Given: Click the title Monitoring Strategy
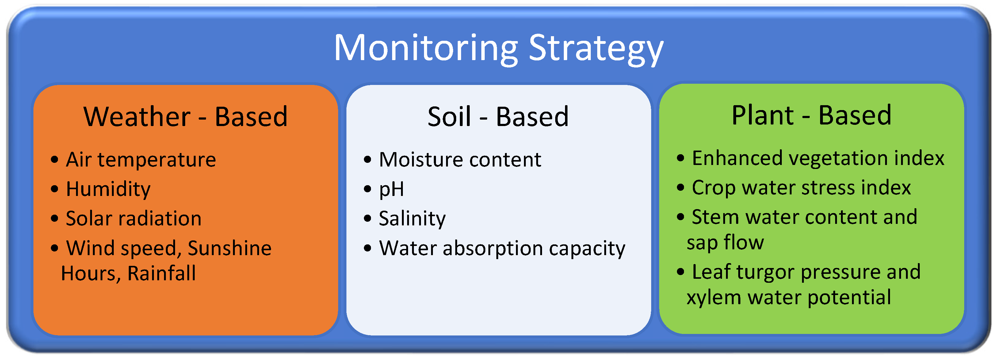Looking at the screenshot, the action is (x=498, y=49).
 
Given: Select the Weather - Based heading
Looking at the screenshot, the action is (x=185, y=116).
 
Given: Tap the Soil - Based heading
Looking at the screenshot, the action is (x=498, y=116).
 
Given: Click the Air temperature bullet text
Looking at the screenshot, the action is (x=141, y=159).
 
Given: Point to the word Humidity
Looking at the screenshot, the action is (x=108, y=189).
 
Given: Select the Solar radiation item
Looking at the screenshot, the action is (x=134, y=218).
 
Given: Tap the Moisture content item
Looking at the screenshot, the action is (x=460, y=159).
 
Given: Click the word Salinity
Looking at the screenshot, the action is (x=412, y=219).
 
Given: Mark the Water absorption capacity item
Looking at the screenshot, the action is (x=502, y=248).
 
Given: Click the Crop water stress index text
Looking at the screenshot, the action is (x=801, y=188).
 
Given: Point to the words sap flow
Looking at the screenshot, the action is (x=725, y=243).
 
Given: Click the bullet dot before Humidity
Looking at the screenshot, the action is (x=55, y=189).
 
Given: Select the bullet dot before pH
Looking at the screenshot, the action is (x=368, y=189).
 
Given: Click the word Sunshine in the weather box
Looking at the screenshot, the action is (x=230, y=248).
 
